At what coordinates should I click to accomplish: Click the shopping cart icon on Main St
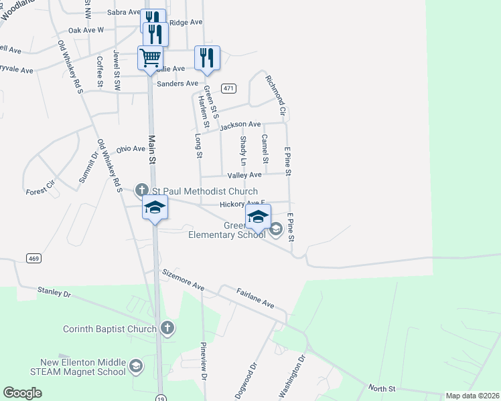point(150,57)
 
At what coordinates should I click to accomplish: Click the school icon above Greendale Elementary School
point(258,217)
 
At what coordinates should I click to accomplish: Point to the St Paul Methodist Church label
point(196,192)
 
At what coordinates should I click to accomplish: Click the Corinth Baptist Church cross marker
point(167,328)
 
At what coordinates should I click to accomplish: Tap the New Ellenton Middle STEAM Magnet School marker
point(136,366)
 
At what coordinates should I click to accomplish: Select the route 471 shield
point(229,88)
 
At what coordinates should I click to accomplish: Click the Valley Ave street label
point(244,175)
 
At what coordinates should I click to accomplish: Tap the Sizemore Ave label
point(183,279)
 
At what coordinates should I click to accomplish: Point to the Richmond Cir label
point(275,94)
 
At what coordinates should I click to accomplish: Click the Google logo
point(22,393)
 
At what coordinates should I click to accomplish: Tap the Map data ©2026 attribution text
point(472,396)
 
